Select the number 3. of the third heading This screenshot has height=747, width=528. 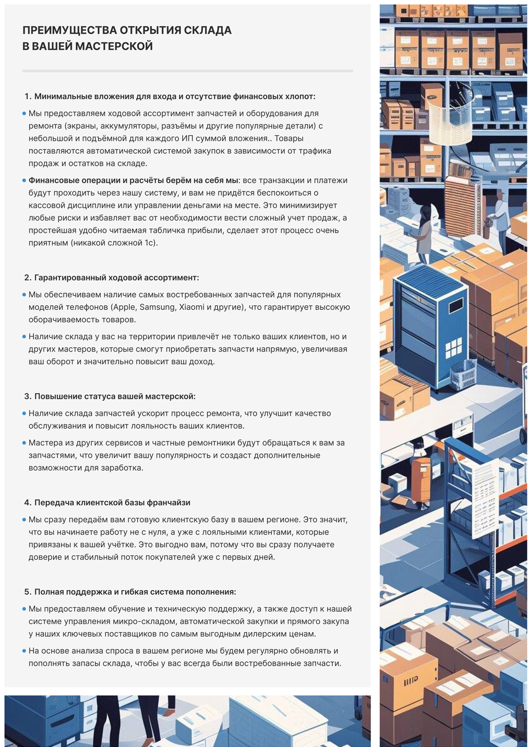point(28,396)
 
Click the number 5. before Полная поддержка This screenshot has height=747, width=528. point(28,592)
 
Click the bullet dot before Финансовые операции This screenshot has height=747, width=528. point(24,180)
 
